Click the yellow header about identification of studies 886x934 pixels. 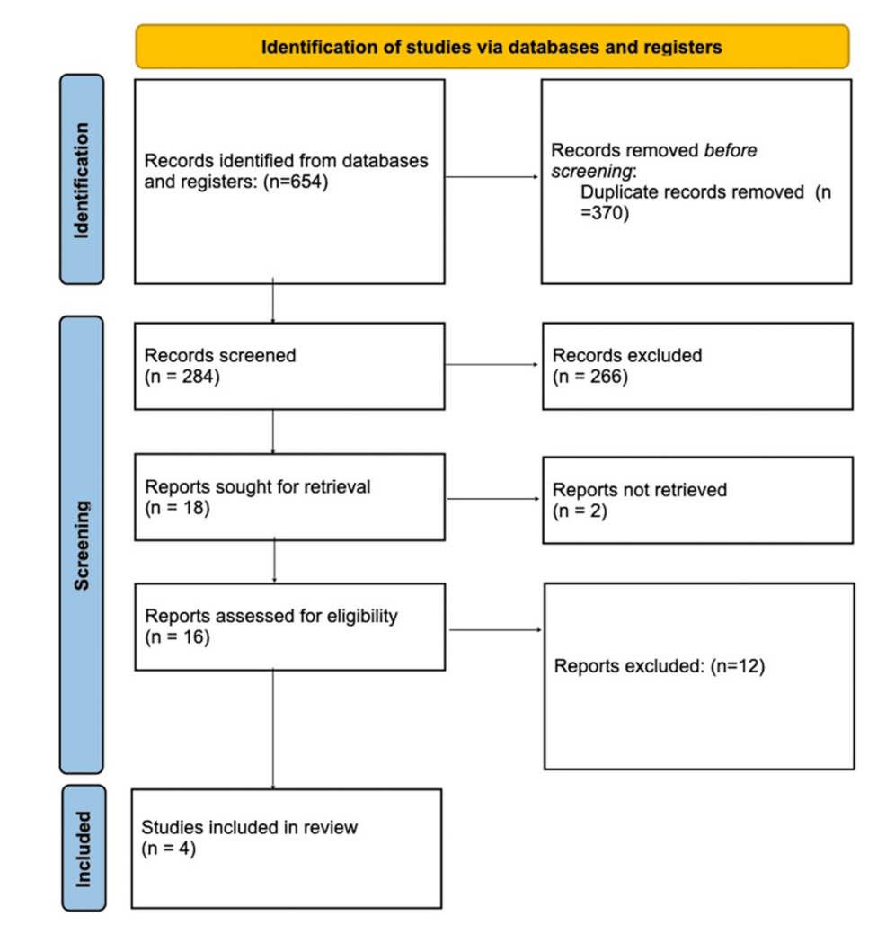pyautogui.click(x=492, y=47)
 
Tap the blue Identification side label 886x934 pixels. pyautogui.click(x=82, y=179)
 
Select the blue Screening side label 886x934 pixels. pyautogui.click(x=82, y=545)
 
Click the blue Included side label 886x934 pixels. pyautogui.click(x=84, y=848)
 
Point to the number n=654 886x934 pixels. pyautogui.click(x=296, y=182)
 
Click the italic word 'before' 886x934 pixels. pyautogui.click(x=730, y=150)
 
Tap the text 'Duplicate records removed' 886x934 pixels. pyautogui.click(x=692, y=191)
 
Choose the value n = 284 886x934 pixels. pyautogui.click(x=182, y=377)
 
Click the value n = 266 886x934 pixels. pyautogui.click(x=590, y=377)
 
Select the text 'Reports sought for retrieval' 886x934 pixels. pyautogui.click(x=257, y=486)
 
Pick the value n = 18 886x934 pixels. pyautogui.click(x=177, y=508)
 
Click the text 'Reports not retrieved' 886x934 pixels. pyautogui.click(x=640, y=490)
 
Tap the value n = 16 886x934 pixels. pyautogui.click(x=177, y=636)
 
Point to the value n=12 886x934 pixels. pyautogui.click(x=738, y=665)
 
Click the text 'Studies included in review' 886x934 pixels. pyautogui.click(x=250, y=827)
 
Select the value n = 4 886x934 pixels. pyautogui.click(x=169, y=849)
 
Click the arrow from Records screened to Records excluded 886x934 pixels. pyautogui.click(x=492, y=365)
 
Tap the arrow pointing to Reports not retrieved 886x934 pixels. pyautogui.click(x=493, y=499)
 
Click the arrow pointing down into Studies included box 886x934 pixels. pyautogui.click(x=273, y=730)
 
